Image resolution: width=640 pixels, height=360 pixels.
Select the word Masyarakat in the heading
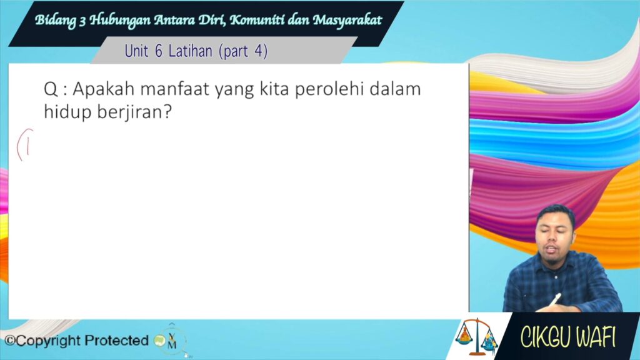coord(347,20)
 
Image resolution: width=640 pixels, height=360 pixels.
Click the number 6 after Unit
coord(159,51)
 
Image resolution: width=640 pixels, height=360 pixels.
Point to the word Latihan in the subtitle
coord(190,51)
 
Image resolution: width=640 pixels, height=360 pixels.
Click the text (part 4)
coord(243,51)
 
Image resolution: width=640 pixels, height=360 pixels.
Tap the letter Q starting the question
coord(51,89)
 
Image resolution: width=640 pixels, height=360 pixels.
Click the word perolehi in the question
coord(329,90)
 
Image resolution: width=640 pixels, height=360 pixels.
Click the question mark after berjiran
coord(167,111)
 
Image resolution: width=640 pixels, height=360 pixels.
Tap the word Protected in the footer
coord(117,340)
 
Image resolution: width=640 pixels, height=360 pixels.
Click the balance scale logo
coord(477,337)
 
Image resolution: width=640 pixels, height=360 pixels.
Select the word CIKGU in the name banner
coord(545,337)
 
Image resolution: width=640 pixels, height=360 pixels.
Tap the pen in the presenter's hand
coord(554,300)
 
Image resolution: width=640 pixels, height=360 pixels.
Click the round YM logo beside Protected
coord(171,341)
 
